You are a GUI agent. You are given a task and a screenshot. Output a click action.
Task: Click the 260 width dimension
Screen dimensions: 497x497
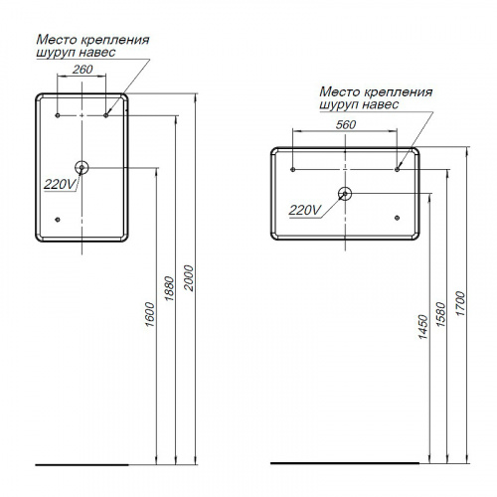[x=83, y=70]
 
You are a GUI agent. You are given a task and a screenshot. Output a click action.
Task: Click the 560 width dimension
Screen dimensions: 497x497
[x=346, y=124]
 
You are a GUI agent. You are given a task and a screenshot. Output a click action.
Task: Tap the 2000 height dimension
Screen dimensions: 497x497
[x=189, y=277]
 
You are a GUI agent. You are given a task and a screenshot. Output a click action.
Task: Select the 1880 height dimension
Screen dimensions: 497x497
[x=169, y=288]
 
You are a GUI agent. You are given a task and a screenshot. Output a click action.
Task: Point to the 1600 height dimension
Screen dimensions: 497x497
[x=150, y=314]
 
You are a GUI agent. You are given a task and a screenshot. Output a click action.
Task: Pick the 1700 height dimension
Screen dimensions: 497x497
[x=460, y=303]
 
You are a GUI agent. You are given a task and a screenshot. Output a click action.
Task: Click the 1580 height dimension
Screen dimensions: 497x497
[x=441, y=314]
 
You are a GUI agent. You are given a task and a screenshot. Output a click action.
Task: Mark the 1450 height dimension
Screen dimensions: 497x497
[x=423, y=327]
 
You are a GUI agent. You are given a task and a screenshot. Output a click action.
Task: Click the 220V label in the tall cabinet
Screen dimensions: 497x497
[x=60, y=184]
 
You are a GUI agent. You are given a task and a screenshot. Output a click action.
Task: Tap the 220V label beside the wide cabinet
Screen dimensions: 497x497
[x=305, y=210]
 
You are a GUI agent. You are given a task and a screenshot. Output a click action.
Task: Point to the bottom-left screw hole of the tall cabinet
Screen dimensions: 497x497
[x=58, y=220]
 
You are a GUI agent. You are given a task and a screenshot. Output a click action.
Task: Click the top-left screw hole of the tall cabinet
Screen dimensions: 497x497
[x=58, y=115]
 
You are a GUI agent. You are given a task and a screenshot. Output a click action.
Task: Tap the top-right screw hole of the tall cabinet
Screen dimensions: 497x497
[x=106, y=115]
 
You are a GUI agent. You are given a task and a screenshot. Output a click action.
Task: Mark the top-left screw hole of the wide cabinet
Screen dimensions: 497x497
[x=292, y=170]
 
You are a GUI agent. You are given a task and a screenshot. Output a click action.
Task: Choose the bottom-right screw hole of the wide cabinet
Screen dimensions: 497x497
[x=397, y=218]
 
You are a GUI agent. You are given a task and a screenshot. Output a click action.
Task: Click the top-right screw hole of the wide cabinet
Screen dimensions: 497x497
[x=397, y=170]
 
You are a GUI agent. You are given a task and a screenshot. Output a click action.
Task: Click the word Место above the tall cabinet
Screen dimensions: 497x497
[x=57, y=40]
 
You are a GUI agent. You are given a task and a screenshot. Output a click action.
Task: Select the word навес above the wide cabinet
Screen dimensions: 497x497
[x=380, y=104]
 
